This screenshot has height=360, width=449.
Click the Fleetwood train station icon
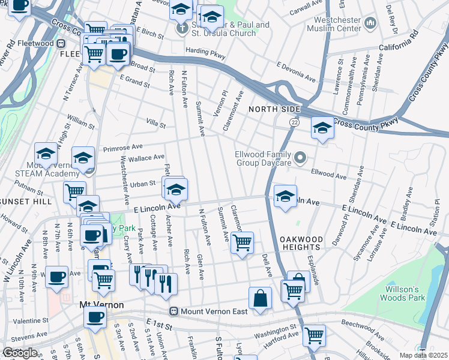click(61, 43)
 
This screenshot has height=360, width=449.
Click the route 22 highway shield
click(294, 122)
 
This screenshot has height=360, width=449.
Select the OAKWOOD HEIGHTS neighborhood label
click(301, 243)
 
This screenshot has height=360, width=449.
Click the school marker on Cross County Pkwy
click(322, 128)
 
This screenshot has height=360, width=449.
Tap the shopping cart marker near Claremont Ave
click(242, 243)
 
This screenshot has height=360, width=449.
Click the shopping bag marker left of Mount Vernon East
click(261, 298)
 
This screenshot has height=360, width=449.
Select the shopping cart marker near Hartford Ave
click(315, 335)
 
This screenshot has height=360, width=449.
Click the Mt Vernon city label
click(101, 305)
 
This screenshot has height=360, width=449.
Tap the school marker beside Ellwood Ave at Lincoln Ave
click(285, 195)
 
